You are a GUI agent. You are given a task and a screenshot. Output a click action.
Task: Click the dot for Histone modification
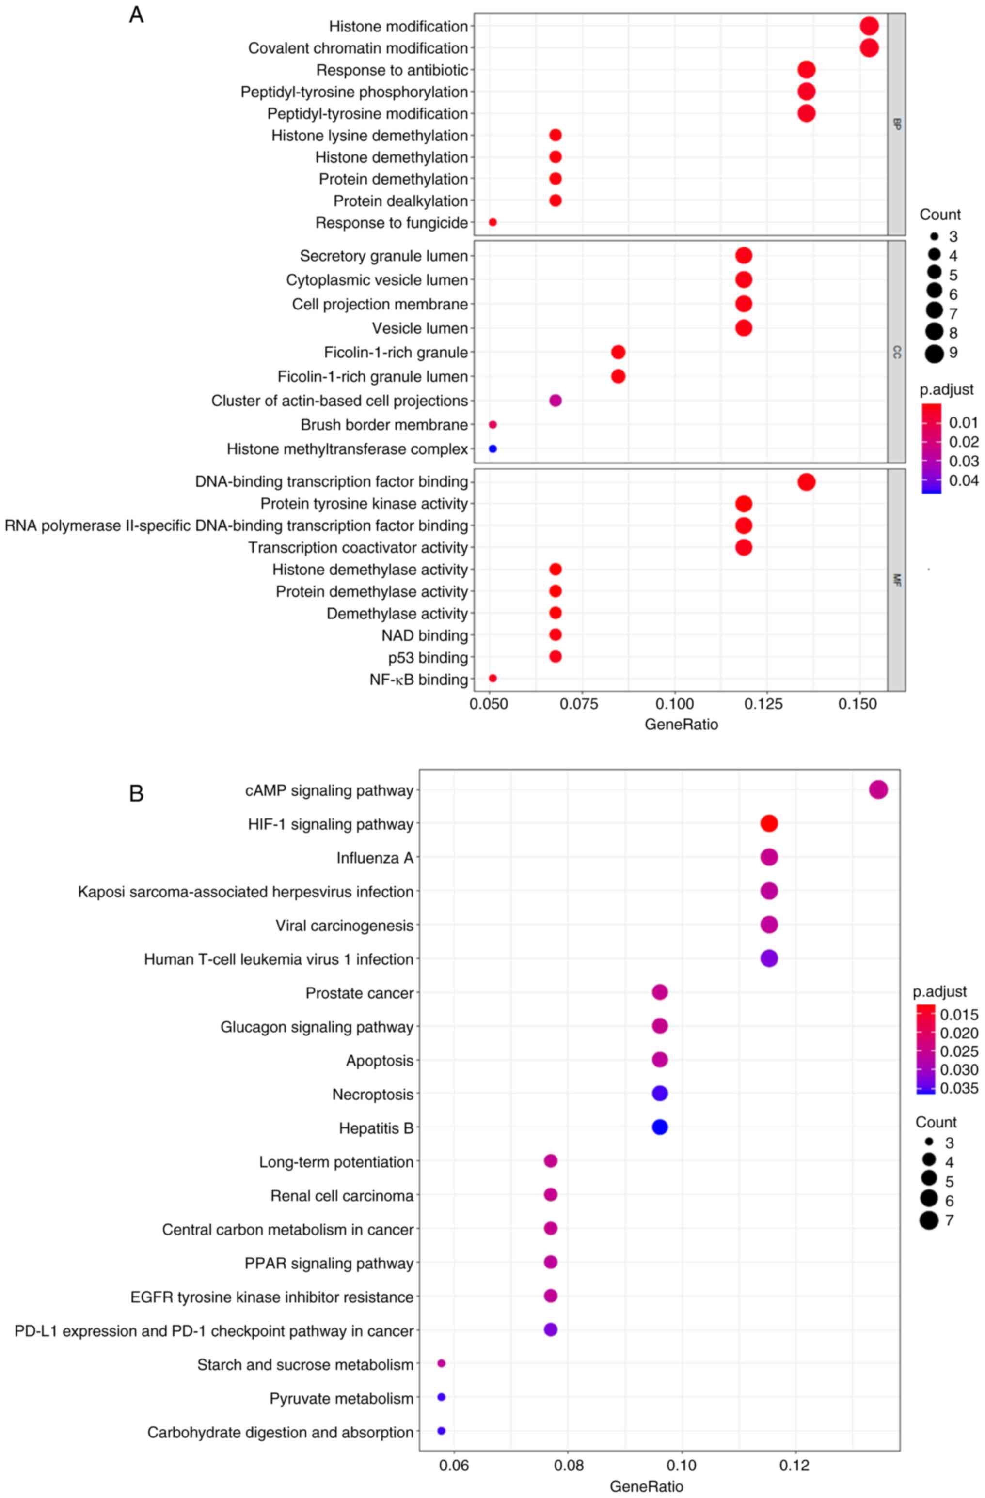869,27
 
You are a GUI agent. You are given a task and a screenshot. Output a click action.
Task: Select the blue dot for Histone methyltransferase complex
492,449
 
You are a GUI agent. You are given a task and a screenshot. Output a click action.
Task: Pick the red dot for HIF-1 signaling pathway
769,823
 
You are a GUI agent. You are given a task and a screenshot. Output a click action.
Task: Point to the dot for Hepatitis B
659,1127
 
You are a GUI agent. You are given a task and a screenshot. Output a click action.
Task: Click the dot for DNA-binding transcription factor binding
806,482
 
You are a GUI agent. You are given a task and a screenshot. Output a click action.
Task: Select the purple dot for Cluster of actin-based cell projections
555,401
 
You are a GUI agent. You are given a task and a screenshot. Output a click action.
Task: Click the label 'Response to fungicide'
392,223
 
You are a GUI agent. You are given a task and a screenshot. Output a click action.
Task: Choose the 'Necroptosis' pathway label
373,1095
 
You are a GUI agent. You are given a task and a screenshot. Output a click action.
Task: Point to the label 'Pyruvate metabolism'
341,1399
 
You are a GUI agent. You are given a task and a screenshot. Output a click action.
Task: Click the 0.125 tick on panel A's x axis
766,704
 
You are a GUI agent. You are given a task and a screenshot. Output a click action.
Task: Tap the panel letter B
136,794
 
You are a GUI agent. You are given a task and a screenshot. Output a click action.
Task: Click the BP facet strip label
896,124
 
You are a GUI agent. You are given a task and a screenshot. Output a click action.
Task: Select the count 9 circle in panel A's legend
934,353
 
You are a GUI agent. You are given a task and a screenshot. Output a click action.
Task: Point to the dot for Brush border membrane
492,425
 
